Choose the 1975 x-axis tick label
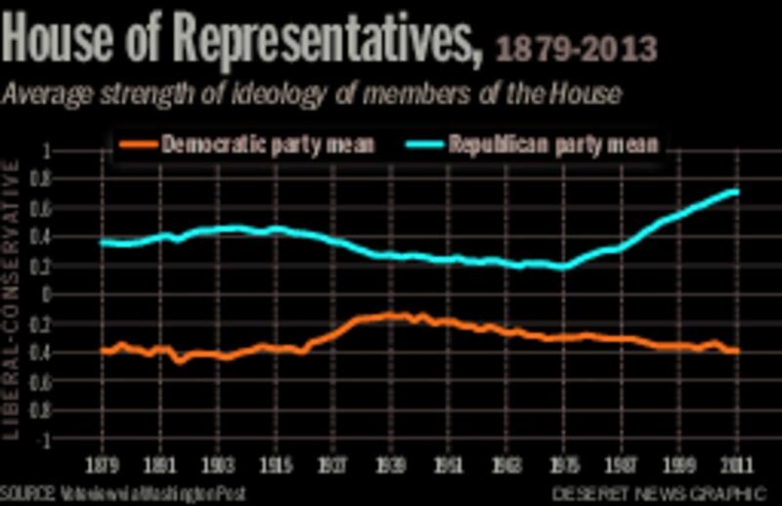[563, 463]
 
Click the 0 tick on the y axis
[44, 294]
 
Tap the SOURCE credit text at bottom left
[122, 492]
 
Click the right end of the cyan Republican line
[735, 191]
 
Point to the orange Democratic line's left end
[102, 351]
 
